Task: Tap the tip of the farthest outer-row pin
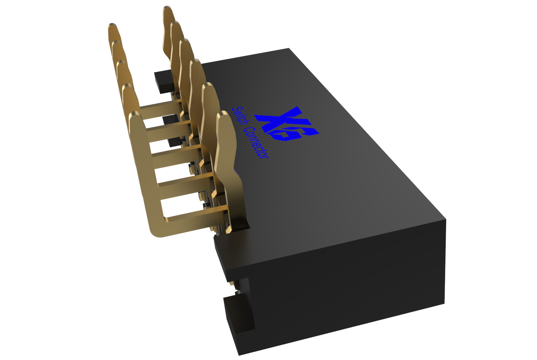(x=113, y=26)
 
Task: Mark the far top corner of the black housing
(x=289, y=49)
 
